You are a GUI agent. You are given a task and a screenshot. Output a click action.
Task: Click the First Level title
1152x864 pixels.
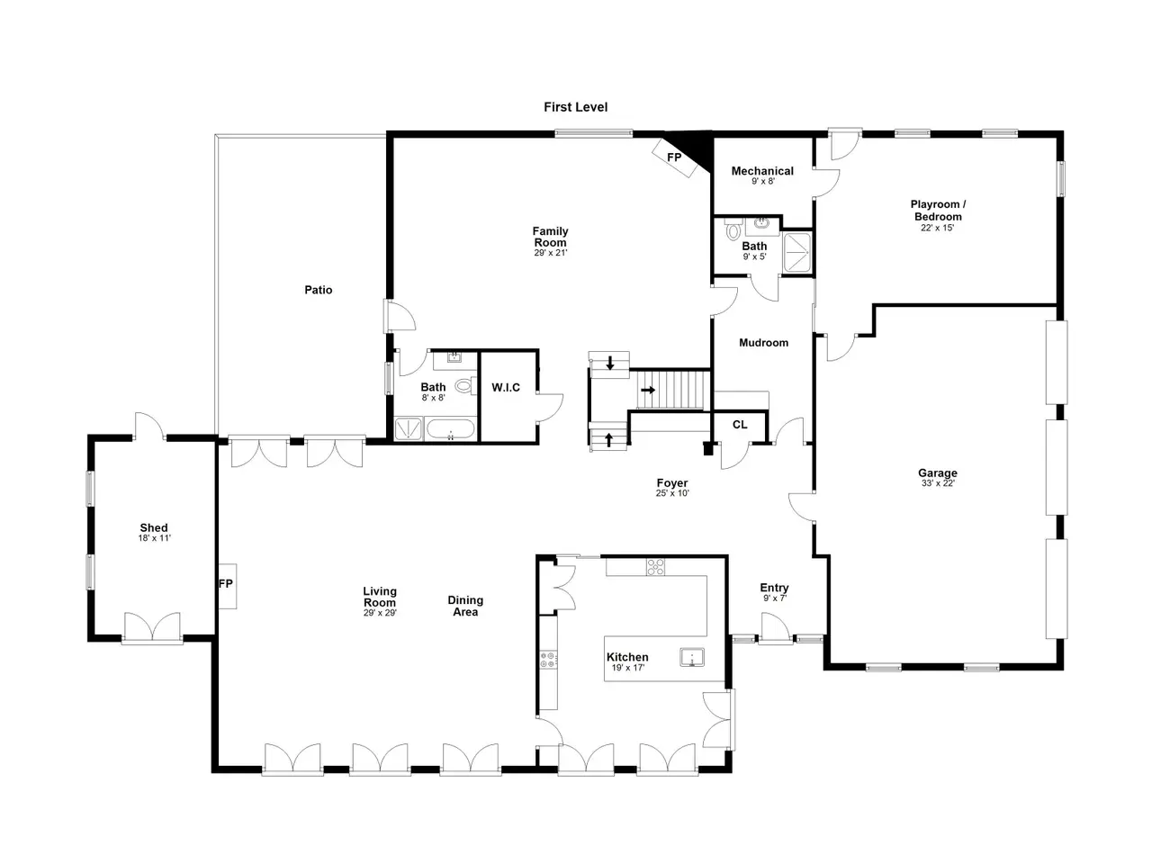tap(575, 107)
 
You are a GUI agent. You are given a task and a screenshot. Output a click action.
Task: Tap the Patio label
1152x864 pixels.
tap(318, 290)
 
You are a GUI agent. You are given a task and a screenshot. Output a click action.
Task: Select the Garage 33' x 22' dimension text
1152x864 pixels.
tap(937, 483)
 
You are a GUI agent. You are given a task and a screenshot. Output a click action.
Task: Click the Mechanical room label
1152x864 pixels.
tap(762, 171)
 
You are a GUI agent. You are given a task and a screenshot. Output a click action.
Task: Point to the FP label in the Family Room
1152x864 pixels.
tap(674, 157)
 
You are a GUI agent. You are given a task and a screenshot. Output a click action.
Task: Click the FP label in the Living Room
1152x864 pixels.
tap(225, 583)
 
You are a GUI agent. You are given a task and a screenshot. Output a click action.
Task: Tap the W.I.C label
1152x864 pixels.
tap(506, 387)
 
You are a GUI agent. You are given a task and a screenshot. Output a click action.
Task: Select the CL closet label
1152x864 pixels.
tap(740, 425)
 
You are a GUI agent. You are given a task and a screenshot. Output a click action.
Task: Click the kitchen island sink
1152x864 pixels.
tap(692, 657)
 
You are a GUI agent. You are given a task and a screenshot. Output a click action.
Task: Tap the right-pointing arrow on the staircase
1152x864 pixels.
tap(648, 390)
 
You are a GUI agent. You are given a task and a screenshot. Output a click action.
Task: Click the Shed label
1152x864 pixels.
tap(154, 527)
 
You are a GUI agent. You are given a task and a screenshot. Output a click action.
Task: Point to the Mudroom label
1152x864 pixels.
tap(763, 343)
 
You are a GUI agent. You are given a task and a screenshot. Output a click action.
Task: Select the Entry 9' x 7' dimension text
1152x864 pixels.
tap(775, 598)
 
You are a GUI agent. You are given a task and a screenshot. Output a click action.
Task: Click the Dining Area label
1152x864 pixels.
tap(465, 606)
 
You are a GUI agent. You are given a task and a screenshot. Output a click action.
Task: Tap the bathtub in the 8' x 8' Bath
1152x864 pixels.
tap(450, 428)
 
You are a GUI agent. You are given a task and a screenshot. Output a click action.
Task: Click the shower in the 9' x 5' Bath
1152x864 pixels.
tap(796, 253)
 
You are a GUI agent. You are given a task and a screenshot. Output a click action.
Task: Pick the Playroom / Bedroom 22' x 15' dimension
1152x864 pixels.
tap(937, 228)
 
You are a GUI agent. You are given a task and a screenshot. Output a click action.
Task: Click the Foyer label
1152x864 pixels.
tap(671, 482)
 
